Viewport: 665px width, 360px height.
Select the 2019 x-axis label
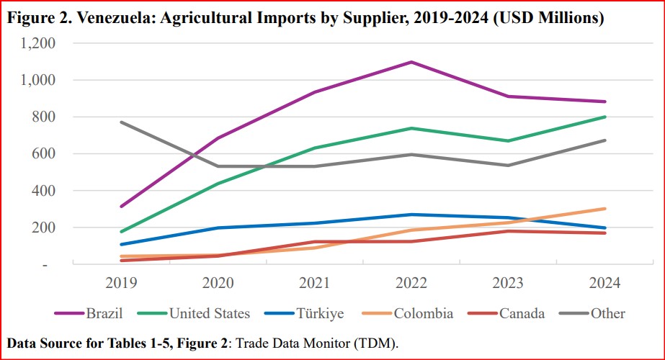121,282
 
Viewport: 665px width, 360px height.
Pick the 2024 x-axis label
604,282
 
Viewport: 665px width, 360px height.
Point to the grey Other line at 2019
121,122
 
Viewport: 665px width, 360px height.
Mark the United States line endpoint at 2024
604,117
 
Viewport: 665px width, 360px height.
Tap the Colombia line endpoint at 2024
604,209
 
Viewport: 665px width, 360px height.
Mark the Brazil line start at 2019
121,207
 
